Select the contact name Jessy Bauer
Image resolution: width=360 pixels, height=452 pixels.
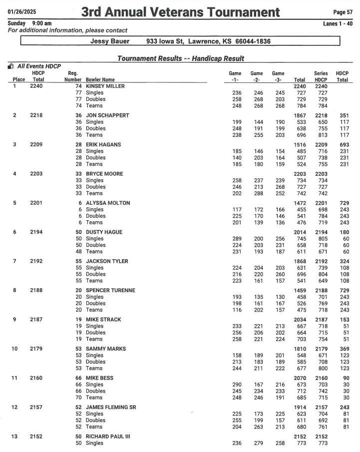coord(110,41)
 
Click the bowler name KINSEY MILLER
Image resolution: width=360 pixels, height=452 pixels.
coord(105,86)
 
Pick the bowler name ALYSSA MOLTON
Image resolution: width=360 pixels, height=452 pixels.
coord(108,203)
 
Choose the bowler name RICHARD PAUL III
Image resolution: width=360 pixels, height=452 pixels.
coord(108,437)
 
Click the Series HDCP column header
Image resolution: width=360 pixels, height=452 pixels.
coord(321,76)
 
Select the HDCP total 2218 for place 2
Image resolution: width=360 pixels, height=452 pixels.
coord(38,115)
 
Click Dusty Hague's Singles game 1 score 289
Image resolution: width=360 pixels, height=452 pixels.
coord(237,239)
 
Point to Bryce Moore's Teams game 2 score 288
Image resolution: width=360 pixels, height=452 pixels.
coord(257,193)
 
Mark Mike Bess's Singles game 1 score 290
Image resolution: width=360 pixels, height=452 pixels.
coord(237,385)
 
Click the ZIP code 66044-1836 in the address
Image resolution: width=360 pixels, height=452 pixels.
coord(245,41)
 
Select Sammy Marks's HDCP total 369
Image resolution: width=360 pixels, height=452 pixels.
coord(342,349)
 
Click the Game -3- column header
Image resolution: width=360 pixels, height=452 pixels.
coord(278,76)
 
